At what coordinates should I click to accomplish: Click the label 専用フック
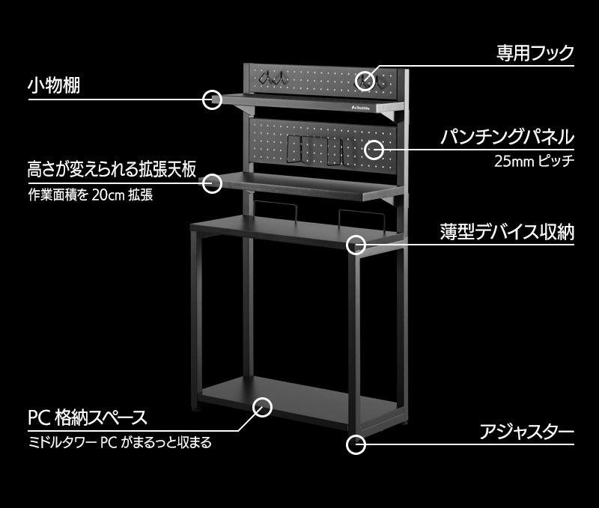[535, 52]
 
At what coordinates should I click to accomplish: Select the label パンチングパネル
[507, 137]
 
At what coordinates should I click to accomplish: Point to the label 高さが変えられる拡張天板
[112, 168]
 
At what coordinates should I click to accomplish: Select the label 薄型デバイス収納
[507, 232]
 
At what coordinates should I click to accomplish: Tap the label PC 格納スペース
[87, 417]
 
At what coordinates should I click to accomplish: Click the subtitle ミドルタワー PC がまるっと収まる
[119, 442]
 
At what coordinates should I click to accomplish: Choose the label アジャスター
[527, 432]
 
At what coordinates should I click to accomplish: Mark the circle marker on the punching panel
[373, 150]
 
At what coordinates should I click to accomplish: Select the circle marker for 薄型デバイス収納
[356, 244]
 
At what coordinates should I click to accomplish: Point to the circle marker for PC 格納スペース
[262, 407]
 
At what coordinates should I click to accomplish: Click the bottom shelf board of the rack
[299, 400]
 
